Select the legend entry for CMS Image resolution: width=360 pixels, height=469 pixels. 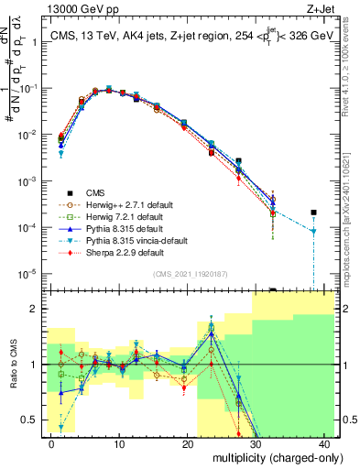(x=96, y=192)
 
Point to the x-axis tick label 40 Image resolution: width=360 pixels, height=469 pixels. (x=325, y=443)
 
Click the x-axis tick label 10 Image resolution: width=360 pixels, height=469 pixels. (x=119, y=443)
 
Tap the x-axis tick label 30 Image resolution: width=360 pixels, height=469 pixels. (x=256, y=443)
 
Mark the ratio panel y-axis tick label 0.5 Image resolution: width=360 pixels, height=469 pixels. (x=33, y=420)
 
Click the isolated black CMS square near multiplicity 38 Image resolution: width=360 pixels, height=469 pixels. (x=313, y=213)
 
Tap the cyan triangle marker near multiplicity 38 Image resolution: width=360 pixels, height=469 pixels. (x=313, y=232)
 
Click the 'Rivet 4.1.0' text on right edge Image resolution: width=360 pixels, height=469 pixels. (x=352, y=73)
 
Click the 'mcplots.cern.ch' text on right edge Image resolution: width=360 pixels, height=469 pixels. (x=352, y=238)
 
